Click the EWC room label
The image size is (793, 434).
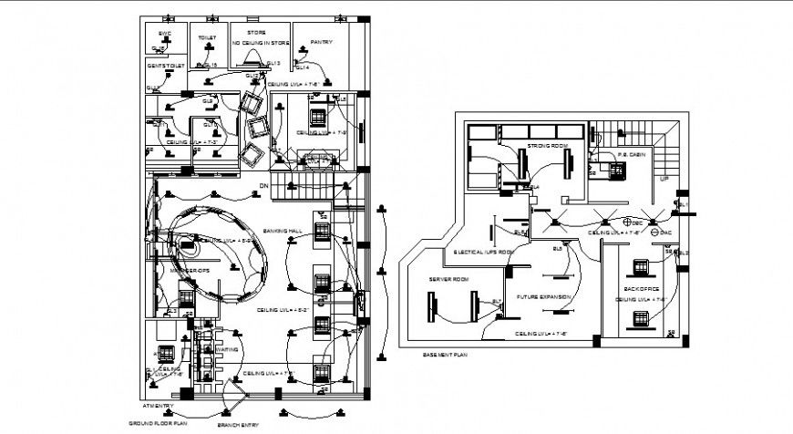pos(165,34)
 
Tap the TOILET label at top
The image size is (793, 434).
pos(208,39)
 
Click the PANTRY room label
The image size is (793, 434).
pos(320,42)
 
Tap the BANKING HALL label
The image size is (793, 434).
pos(282,230)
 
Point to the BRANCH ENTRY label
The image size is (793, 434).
pos(237,425)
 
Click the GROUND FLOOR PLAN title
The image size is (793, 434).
pos(157,424)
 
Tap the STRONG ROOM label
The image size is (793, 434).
pos(547,146)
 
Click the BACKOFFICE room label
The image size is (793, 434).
pos(641,287)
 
